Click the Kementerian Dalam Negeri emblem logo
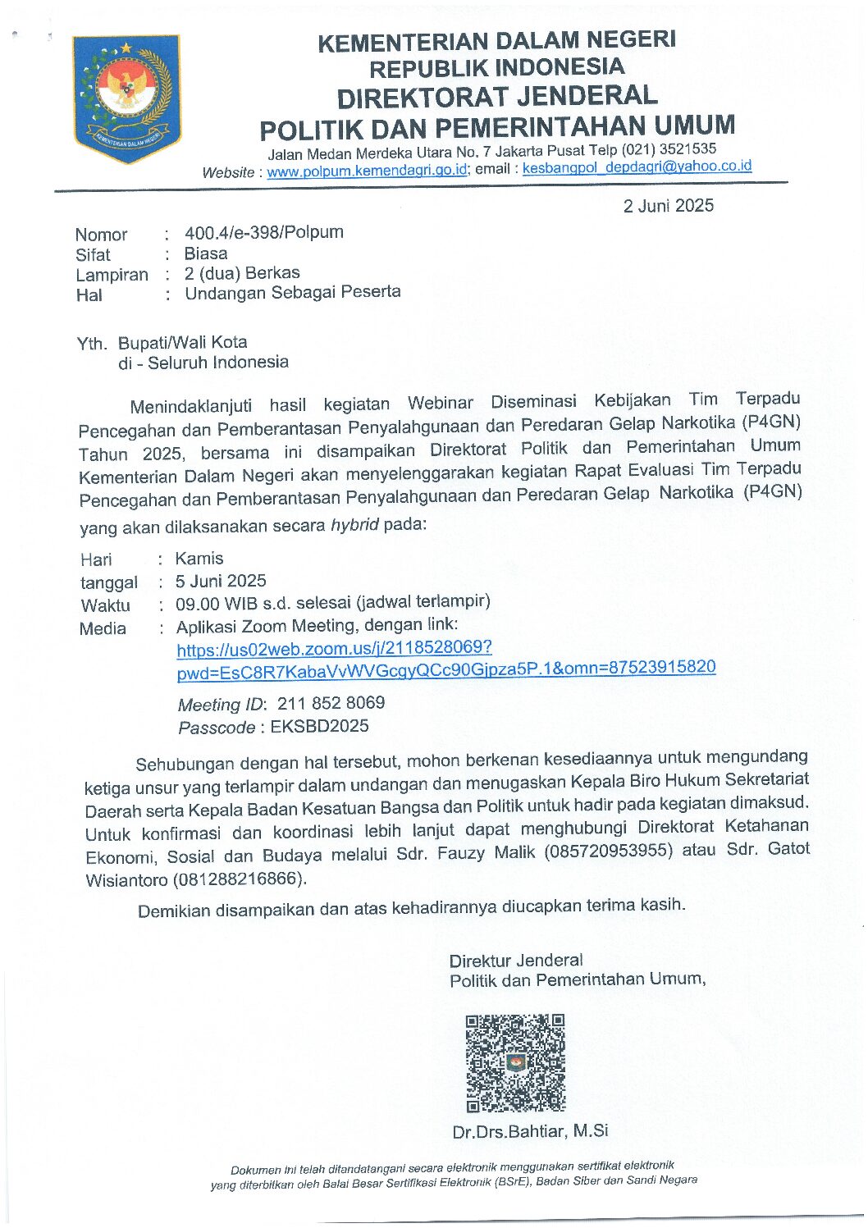[126, 98]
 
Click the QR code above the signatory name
[515, 1063]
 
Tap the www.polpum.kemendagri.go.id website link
[367, 171]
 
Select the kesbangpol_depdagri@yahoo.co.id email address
[637, 167]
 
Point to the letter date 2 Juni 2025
[668, 206]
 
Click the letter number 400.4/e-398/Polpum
[263, 233]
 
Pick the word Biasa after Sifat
[206, 253]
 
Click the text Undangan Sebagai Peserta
[292, 293]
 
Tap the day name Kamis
[199, 559]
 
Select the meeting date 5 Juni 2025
[221, 582]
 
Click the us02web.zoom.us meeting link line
[334, 650]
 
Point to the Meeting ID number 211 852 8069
[331, 703]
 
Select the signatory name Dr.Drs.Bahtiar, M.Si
[530, 1131]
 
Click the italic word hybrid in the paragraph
[354, 525]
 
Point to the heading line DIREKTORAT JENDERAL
[497, 97]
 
